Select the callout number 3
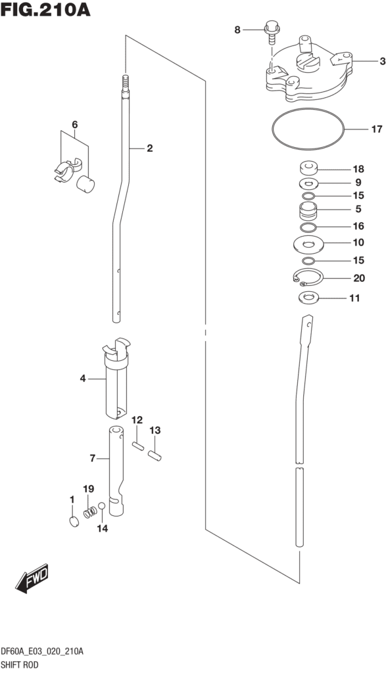tap(381, 62)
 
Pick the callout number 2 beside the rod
tap(149, 149)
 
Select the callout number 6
tap(74, 125)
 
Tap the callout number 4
tap(83, 378)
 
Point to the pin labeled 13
tap(155, 454)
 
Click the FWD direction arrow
tap(32, 578)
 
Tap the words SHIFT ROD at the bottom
tap(20, 664)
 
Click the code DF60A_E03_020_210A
tap(42, 651)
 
